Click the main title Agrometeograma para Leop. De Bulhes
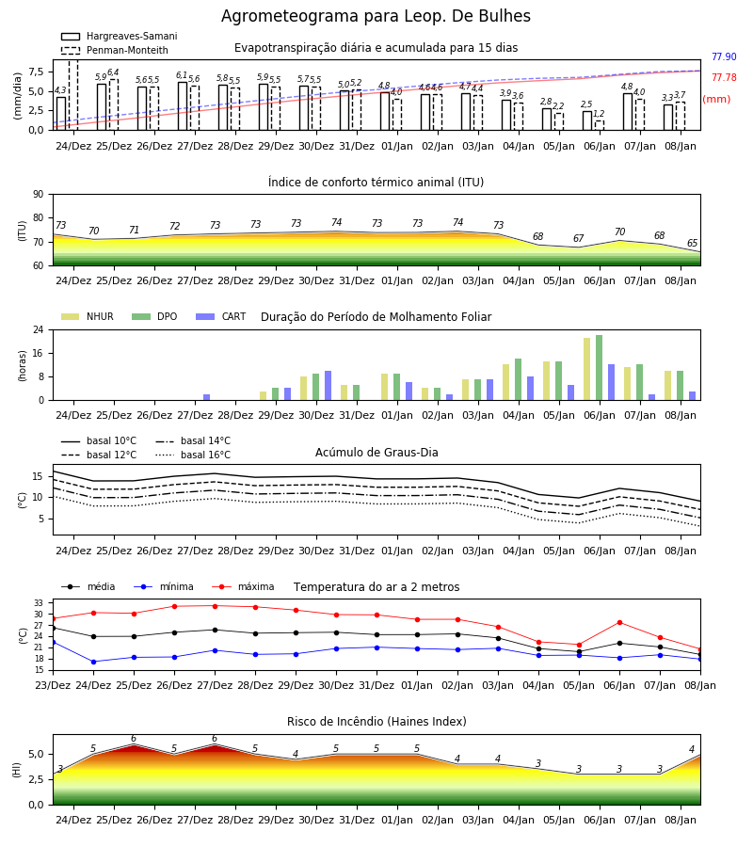click(x=376, y=16)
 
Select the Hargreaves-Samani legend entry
click(x=119, y=36)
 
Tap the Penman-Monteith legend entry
click(x=115, y=50)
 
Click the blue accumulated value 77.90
click(x=724, y=56)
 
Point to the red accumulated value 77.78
click(x=724, y=77)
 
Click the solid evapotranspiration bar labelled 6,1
click(x=183, y=105)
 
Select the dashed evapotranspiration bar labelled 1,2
click(x=599, y=125)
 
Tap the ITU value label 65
click(x=692, y=243)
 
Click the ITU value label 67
click(x=579, y=238)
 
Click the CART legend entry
click(x=221, y=316)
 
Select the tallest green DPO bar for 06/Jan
click(x=599, y=368)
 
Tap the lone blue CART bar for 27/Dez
click(x=206, y=397)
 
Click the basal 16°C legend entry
click(x=193, y=455)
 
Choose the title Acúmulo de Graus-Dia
click(x=376, y=453)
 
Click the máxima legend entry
click(x=243, y=586)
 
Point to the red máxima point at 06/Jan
click(x=619, y=623)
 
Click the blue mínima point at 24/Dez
click(x=93, y=662)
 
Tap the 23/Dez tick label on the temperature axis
click(x=53, y=685)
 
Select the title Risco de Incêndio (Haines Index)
click(x=376, y=722)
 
